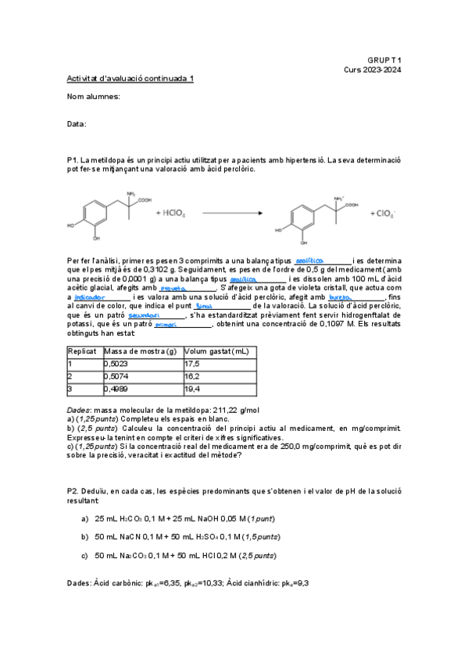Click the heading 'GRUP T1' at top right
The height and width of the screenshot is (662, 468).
tap(384, 59)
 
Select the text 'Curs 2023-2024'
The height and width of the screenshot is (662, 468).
tap(372, 69)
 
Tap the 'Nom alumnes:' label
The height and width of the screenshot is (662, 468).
tap(94, 96)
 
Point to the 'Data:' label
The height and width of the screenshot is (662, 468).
tap(77, 124)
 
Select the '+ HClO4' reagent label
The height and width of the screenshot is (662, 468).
tap(170, 212)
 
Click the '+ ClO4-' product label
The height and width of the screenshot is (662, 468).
tap(383, 212)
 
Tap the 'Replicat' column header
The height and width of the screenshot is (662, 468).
tap(81, 352)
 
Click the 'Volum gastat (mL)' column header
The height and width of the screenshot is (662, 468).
tap(216, 352)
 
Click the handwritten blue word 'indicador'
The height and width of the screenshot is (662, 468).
tap(91, 297)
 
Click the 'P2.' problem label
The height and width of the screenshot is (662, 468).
tap(73, 491)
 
